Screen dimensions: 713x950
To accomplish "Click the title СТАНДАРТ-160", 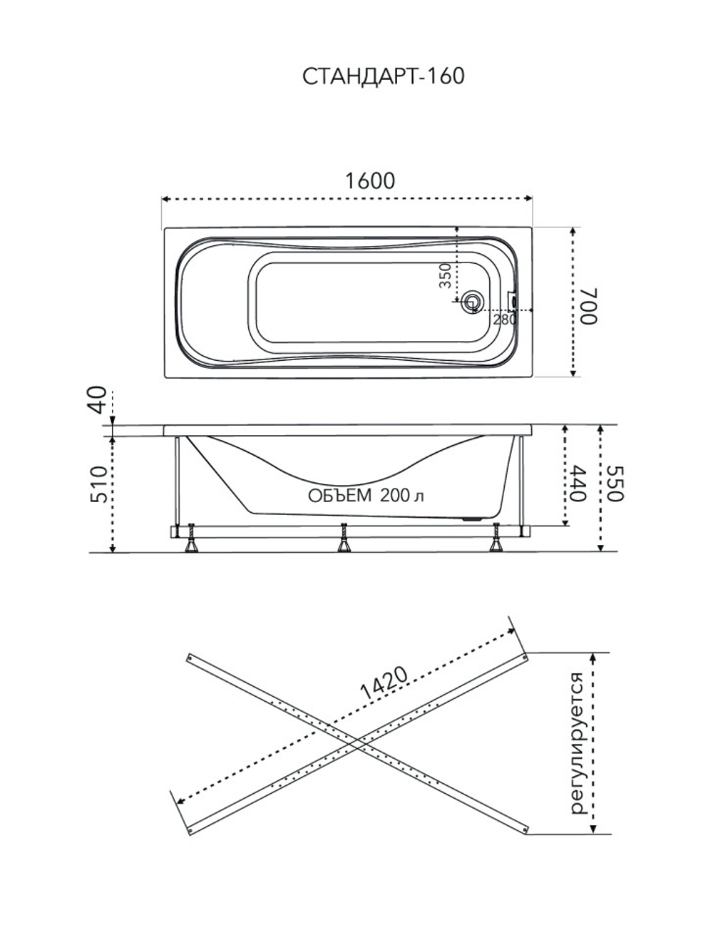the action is pos(384,76).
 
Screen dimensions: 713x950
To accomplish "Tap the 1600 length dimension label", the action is pos(370,181).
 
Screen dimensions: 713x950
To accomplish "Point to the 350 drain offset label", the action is pos(445,276).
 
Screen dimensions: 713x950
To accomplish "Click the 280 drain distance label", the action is pos(505,320).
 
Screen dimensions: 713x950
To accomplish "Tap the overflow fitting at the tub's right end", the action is pos(513,300).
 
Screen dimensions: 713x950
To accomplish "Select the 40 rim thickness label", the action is pos(98,399).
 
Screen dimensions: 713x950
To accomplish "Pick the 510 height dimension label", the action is pos(98,484).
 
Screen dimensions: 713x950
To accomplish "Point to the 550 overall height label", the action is pos(615,484).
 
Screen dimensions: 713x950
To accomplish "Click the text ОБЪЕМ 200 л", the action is pos(366,496).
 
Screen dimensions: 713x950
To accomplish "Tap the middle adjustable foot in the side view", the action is pos(344,538).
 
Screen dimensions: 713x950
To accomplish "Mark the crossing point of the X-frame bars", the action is pos(357,743).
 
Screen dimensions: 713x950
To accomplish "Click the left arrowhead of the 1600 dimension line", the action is pos(165,199).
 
